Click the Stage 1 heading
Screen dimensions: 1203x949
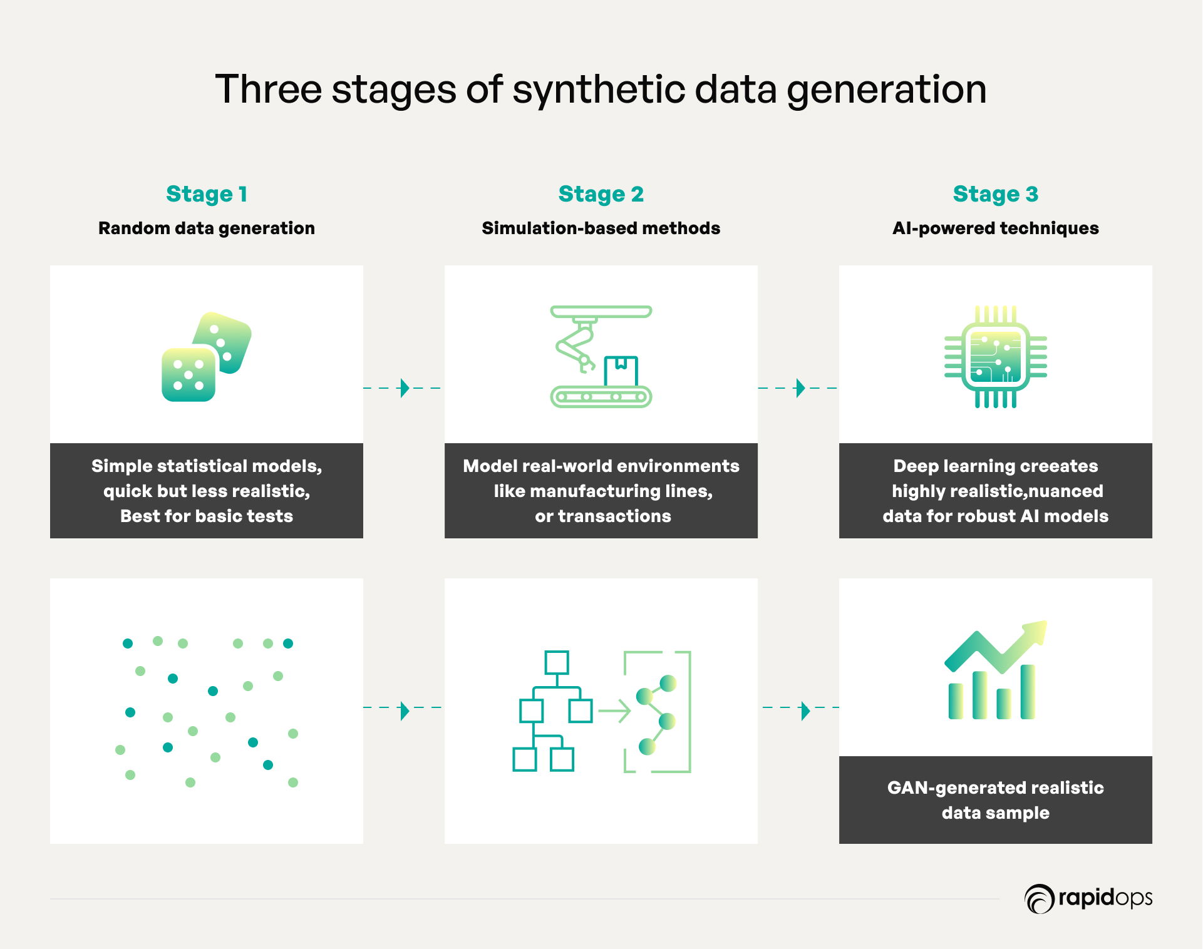click(x=207, y=194)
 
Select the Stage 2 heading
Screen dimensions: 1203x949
click(x=601, y=194)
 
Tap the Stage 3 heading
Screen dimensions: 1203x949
click(x=996, y=194)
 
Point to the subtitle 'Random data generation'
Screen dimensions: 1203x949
click(x=207, y=228)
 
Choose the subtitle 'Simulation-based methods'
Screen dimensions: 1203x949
click(x=601, y=228)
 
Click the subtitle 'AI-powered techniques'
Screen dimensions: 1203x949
click(x=996, y=228)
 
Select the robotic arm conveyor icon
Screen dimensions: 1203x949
click(x=601, y=357)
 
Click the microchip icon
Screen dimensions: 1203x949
click(x=996, y=357)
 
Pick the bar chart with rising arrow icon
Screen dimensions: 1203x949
click(x=996, y=670)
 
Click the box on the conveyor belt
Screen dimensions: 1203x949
click(x=621, y=371)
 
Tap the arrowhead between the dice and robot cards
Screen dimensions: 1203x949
click(x=405, y=388)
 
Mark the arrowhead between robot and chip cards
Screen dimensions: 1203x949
click(x=800, y=388)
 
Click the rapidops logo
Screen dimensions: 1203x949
click(x=1088, y=898)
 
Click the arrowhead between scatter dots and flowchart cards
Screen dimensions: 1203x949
click(x=405, y=710)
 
